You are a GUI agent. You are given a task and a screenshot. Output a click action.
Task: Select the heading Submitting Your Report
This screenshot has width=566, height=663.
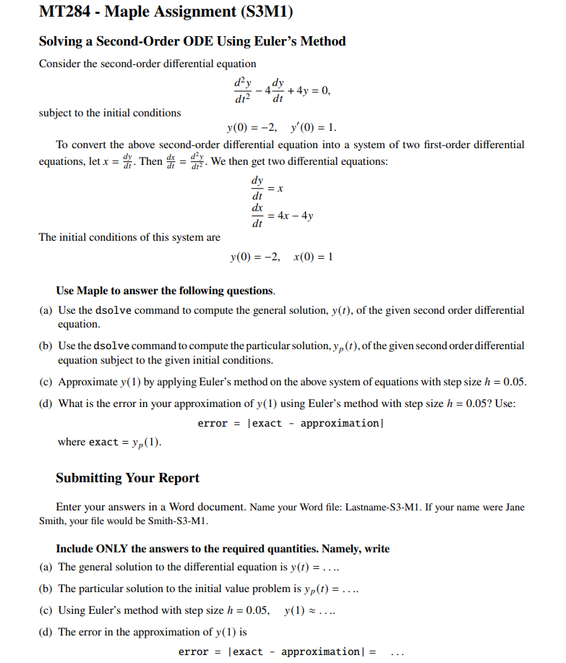pos(127,478)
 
